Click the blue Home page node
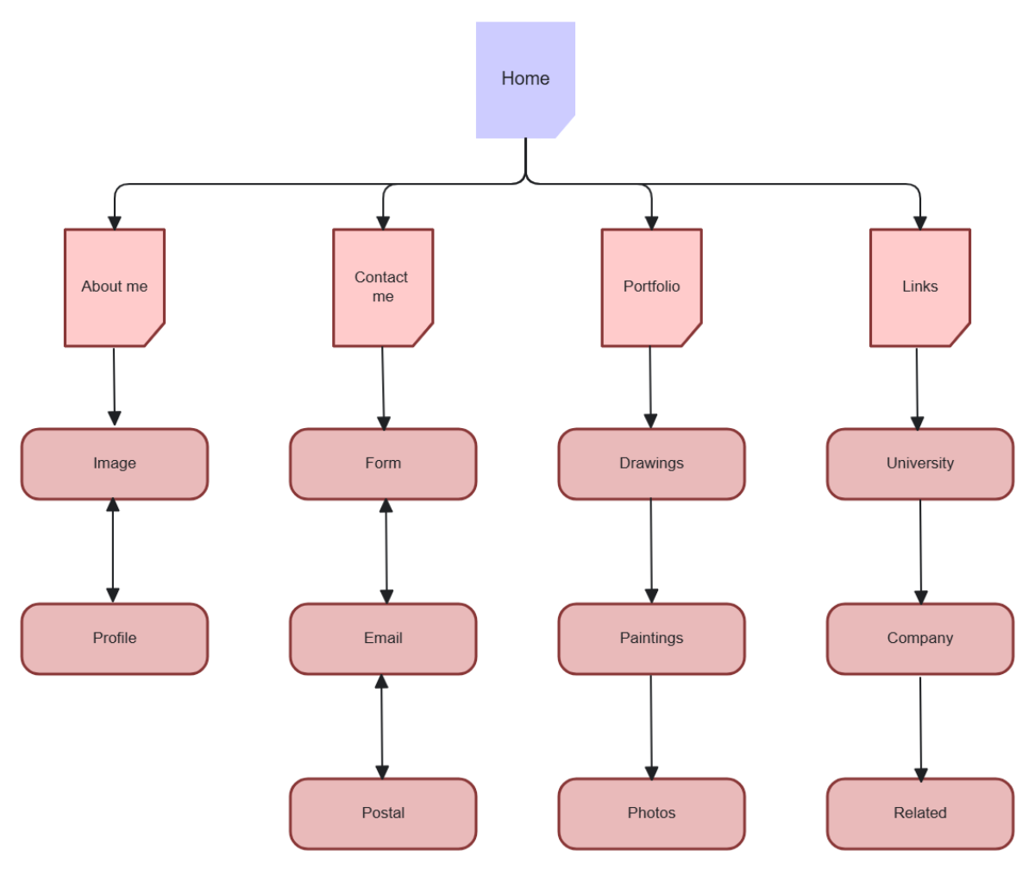tap(525, 79)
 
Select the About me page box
tap(114, 287)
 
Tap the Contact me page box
tap(382, 287)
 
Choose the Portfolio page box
tap(651, 287)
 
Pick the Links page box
tap(919, 287)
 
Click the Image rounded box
tap(115, 464)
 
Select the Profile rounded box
tap(115, 639)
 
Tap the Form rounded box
tap(383, 464)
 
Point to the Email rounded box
tap(383, 639)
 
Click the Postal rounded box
tap(383, 814)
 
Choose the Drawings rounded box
tap(651, 464)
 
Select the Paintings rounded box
tap(651, 639)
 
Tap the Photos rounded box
tap(651, 814)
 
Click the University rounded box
tap(920, 464)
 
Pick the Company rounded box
tap(920, 639)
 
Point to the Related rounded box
tap(920, 814)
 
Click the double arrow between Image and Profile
tap(112, 551)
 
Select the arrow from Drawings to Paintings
tap(651, 551)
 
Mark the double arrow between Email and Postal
tap(381, 727)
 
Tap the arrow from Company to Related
tap(920, 728)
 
